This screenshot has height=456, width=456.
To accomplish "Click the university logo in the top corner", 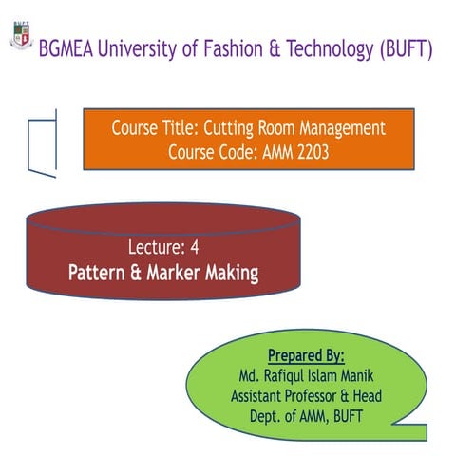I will click(x=17, y=35).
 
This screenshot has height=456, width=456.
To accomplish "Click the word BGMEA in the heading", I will click(x=68, y=48).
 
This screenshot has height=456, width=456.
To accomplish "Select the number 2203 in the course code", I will click(x=309, y=152).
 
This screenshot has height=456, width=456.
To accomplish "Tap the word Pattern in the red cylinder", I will click(x=99, y=274).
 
